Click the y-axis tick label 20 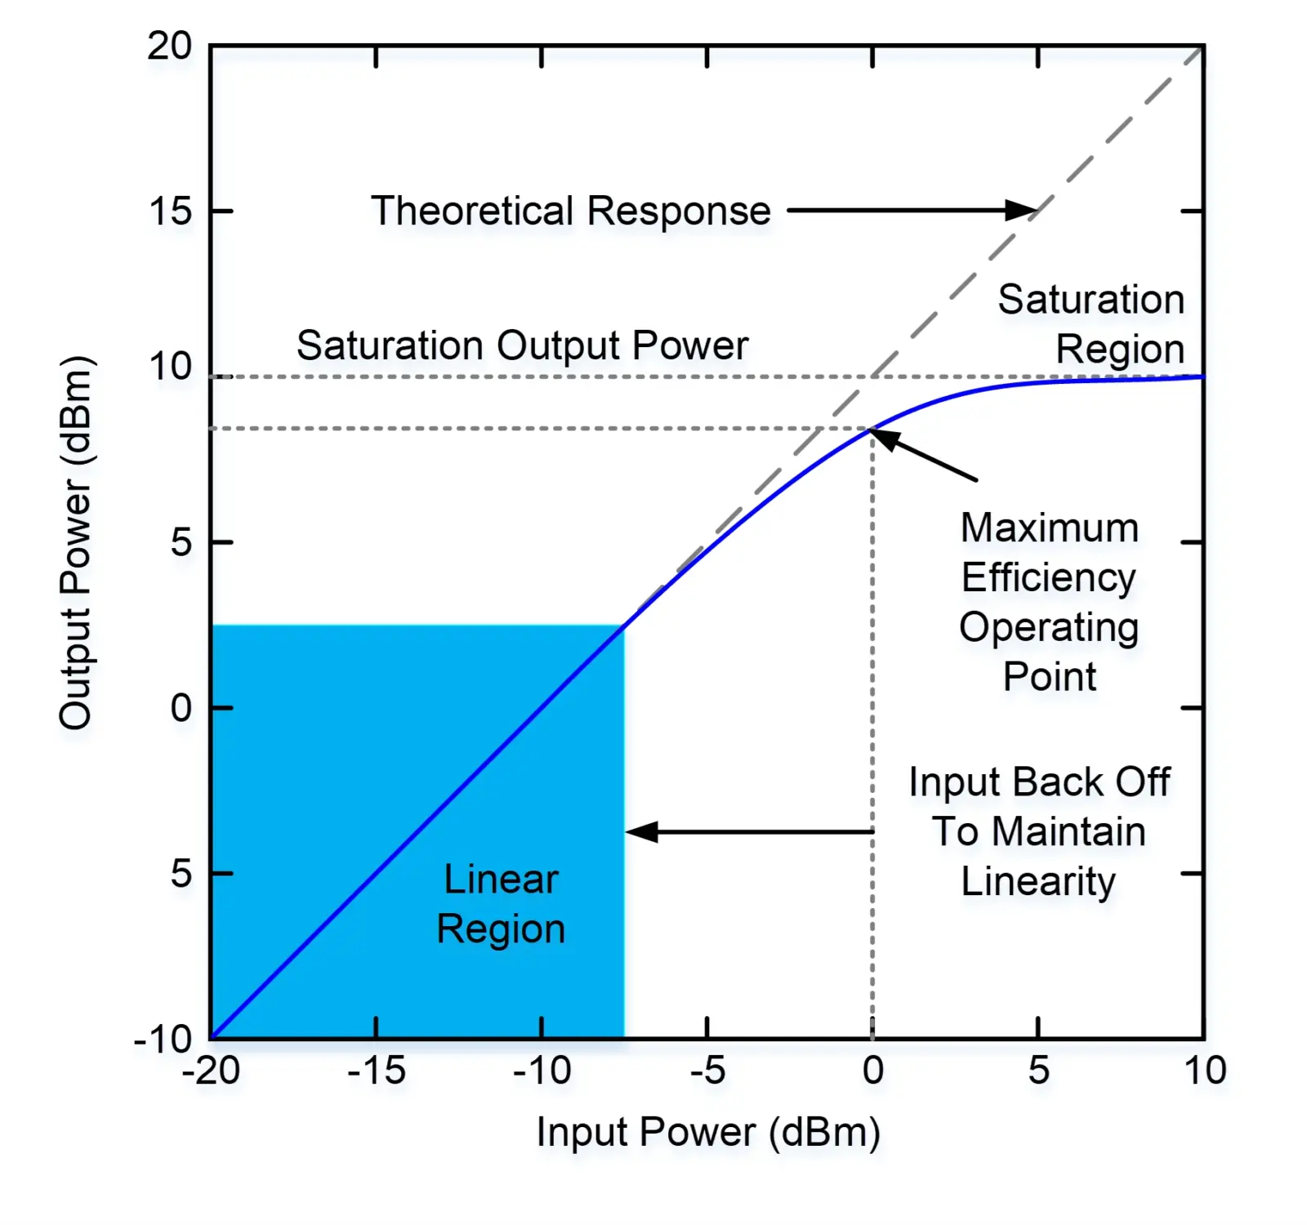(169, 47)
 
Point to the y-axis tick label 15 (170, 212)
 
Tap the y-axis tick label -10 (163, 1040)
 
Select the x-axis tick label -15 (376, 1071)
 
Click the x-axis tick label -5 (707, 1071)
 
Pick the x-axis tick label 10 (1205, 1071)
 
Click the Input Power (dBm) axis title (707, 1133)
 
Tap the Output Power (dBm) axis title (76, 542)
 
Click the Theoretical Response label (570, 212)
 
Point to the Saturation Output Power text (522, 345)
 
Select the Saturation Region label (1091, 324)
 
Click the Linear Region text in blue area (501, 904)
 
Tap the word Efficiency (1048, 578)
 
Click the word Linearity (1037, 882)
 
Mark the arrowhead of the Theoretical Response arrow (1024, 211)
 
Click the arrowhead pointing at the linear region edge (640, 832)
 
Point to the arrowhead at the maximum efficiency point (883, 437)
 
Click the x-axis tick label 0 (872, 1071)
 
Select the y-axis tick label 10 (169, 367)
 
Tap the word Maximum (1049, 528)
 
